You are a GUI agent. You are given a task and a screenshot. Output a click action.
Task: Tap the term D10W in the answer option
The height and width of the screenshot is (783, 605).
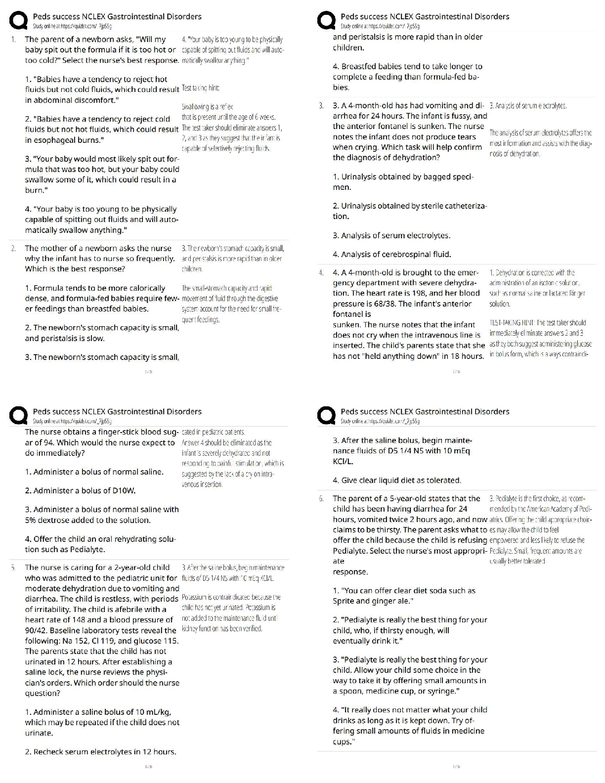click(123, 491)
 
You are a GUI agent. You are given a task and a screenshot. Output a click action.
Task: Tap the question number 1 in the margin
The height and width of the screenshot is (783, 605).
click(13, 40)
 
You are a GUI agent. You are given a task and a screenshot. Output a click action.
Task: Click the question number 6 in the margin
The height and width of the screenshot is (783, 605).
click(321, 498)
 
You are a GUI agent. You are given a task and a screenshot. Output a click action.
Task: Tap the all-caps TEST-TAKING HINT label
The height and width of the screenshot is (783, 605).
click(511, 323)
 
